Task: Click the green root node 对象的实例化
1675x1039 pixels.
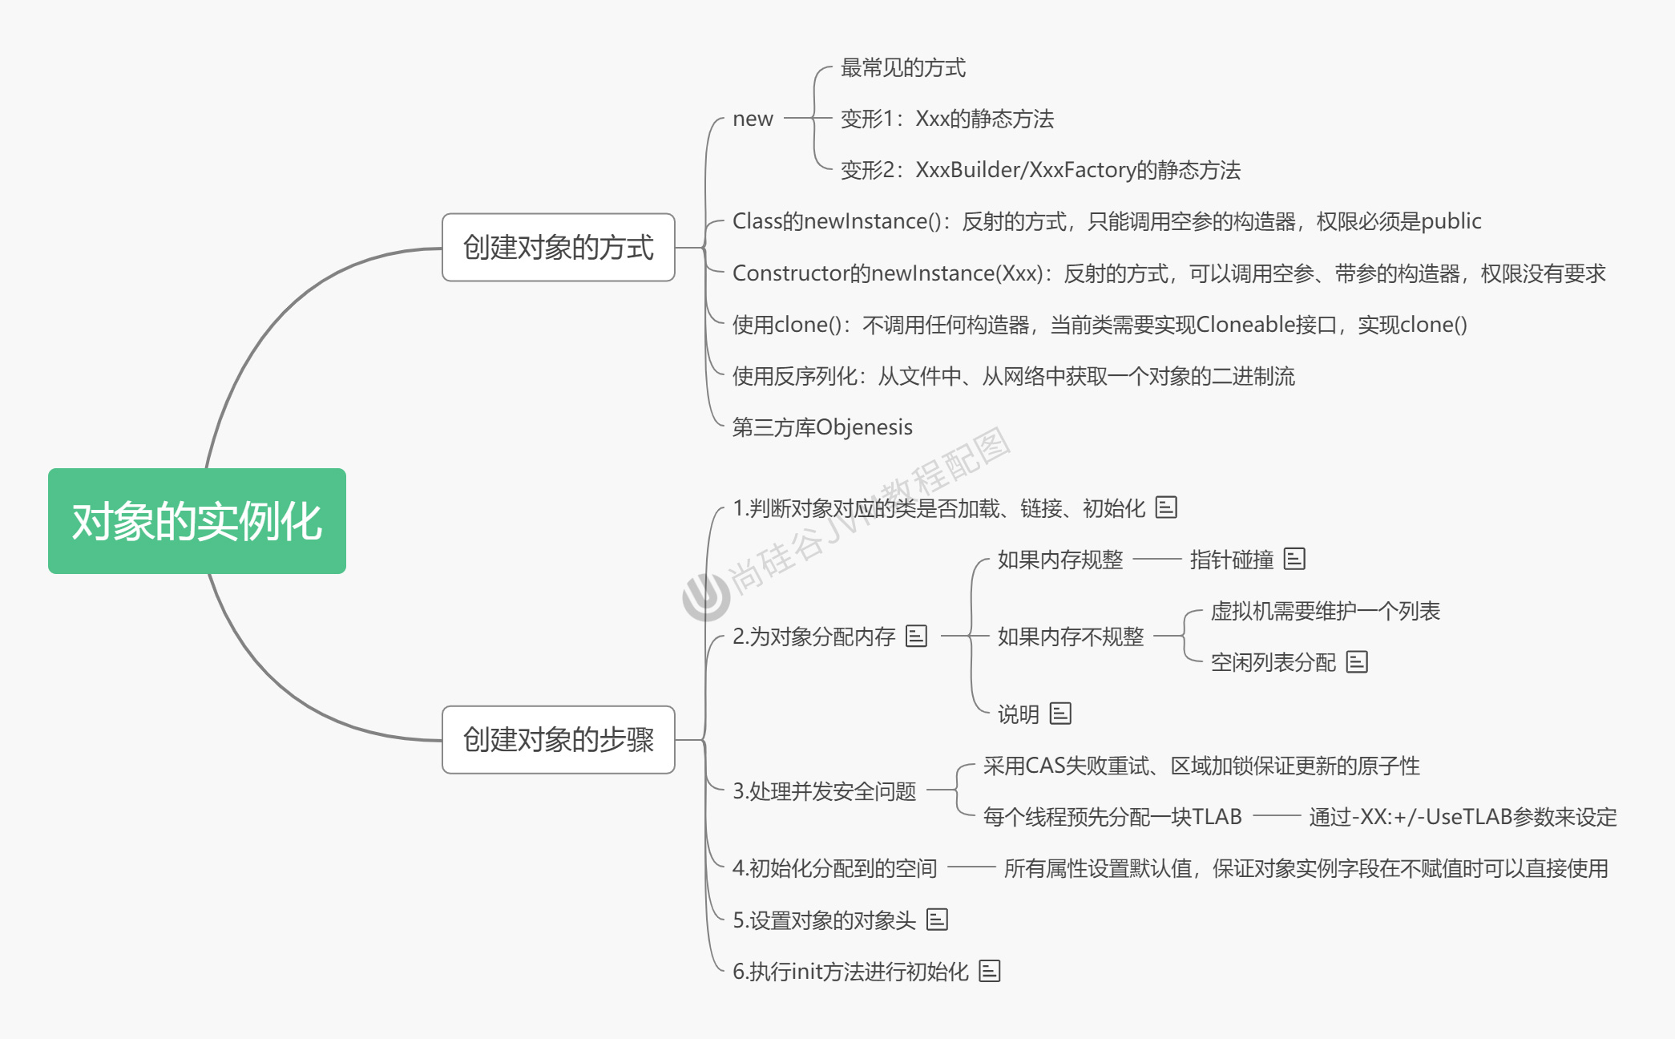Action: click(x=197, y=521)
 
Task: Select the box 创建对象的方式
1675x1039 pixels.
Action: click(x=559, y=248)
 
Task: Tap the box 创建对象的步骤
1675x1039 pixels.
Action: click(x=559, y=739)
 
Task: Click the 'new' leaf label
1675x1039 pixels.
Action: click(x=753, y=119)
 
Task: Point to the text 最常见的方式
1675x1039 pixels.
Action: click(x=903, y=67)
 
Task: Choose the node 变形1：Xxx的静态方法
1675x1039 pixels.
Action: click(x=946, y=119)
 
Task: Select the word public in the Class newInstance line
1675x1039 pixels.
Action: click(x=1451, y=221)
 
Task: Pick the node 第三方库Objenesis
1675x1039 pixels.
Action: click(x=822, y=427)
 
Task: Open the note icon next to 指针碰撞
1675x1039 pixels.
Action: click(x=1294, y=559)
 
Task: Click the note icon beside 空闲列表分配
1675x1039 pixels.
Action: click(x=1357, y=662)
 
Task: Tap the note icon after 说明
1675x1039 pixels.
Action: click(x=1060, y=714)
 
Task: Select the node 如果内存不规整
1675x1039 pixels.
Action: click(x=1070, y=637)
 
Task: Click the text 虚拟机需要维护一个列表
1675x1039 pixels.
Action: click(x=1325, y=611)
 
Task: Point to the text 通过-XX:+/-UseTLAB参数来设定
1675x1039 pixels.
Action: click(x=1463, y=817)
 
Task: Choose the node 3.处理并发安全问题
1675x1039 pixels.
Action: click(x=824, y=791)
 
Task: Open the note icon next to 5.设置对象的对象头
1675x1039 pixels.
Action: click(x=937, y=920)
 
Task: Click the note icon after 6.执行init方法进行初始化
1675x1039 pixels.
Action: click(x=990, y=971)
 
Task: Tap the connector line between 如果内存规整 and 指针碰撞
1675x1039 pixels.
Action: click(x=1156, y=559)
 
